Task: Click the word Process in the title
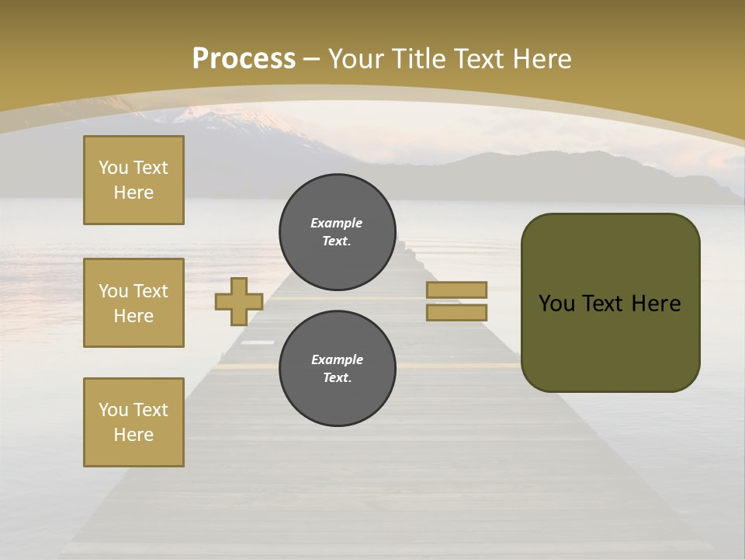click(244, 59)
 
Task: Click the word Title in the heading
click(417, 59)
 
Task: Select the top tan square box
click(133, 180)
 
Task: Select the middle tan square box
click(133, 303)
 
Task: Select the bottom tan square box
click(133, 422)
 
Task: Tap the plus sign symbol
click(239, 301)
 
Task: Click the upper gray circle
click(338, 231)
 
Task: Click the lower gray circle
click(338, 368)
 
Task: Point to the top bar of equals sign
click(456, 290)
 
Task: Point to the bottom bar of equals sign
click(456, 312)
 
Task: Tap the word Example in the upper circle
click(337, 223)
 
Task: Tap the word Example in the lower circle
click(337, 359)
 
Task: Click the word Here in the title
click(541, 59)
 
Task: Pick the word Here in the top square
click(133, 193)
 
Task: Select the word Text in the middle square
click(151, 291)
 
